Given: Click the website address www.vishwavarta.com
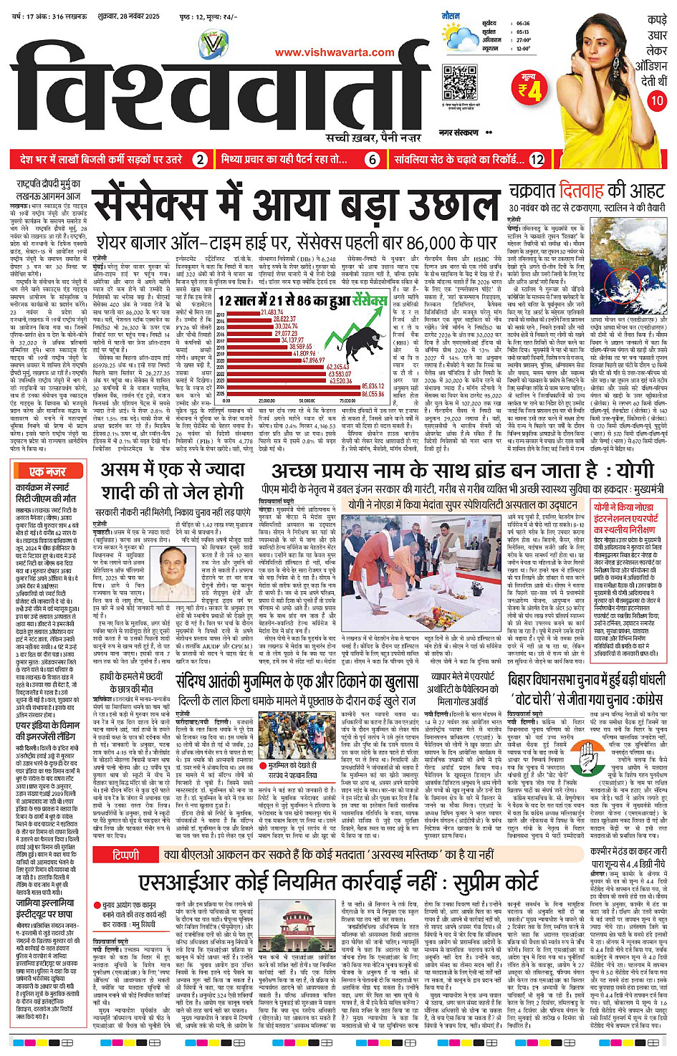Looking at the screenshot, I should click(335, 52).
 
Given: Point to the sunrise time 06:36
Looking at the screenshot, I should click(524, 24).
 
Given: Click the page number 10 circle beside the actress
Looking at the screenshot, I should click(657, 101).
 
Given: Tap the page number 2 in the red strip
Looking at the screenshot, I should click(201, 160).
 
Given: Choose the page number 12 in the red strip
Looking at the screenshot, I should click(537, 160).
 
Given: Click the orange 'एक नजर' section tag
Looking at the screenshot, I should click(47, 471).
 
